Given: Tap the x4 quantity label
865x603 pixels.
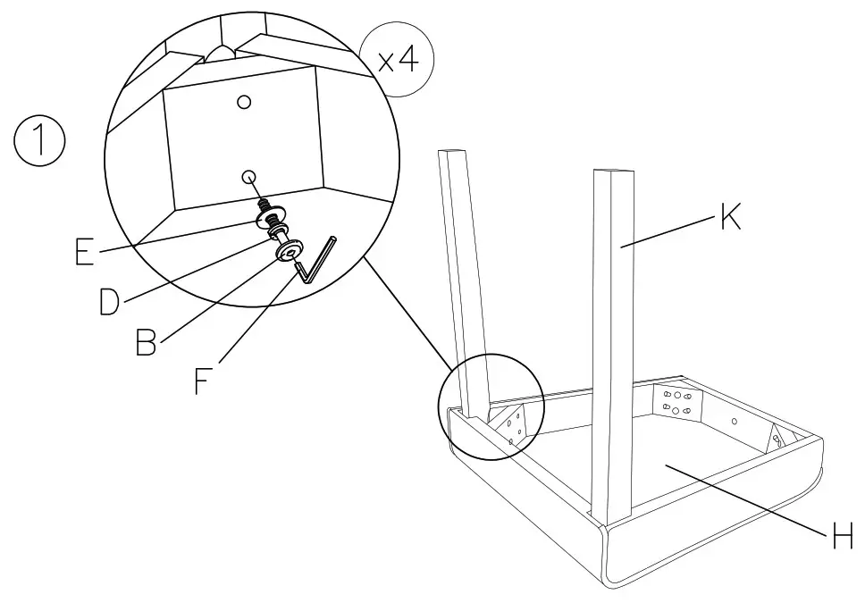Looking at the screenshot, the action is [398, 60].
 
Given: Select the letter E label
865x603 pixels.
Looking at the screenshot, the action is [84, 252].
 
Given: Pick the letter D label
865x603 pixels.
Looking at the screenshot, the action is [109, 301].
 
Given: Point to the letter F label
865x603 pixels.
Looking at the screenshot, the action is [203, 381].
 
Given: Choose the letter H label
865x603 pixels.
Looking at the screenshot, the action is [843, 535].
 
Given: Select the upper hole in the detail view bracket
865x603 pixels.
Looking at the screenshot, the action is [244, 102].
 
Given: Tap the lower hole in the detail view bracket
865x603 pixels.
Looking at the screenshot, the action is [248, 177].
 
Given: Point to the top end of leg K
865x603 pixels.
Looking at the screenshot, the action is [612, 172].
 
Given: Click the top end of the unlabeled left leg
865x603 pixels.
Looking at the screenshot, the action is [453, 151].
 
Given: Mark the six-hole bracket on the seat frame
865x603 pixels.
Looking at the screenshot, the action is [676, 402].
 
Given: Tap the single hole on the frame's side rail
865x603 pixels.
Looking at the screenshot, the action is [734, 421].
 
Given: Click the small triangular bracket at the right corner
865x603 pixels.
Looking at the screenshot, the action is [777, 439].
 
